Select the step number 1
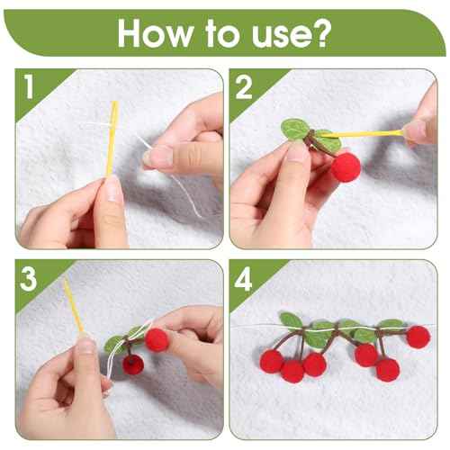(29, 87)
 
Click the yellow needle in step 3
(74, 306)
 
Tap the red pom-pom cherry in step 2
(345, 167)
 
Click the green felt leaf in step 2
(295, 130)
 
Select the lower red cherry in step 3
(133, 364)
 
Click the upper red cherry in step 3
(157, 339)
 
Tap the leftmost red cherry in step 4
(271, 361)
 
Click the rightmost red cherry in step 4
(418, 337)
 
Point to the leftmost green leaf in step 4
(291, 319)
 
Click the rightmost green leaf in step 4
(390, 324)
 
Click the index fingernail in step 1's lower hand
(113, 191)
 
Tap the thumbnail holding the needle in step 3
(85, 346)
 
